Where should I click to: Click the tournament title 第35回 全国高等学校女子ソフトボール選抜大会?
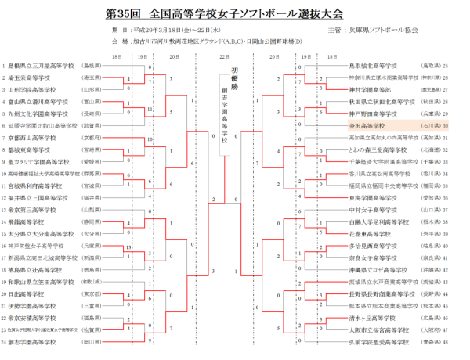coord(234,14)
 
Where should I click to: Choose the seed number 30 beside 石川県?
coord(445,125)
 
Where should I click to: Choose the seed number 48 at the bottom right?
coord(445,342)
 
